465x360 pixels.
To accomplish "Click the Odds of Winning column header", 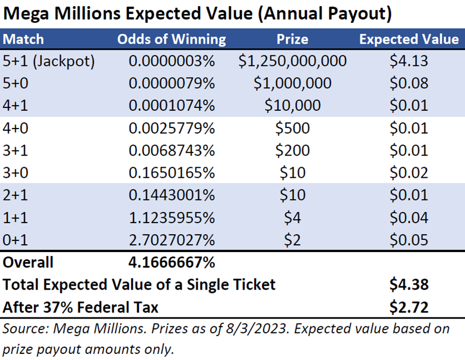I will [172, 39].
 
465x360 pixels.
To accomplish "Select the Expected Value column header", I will [409, 39].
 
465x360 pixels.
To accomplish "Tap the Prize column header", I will [292, 39].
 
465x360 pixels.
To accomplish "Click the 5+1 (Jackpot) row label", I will [49, 61].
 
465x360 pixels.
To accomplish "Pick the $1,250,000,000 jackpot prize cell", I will [292, 61].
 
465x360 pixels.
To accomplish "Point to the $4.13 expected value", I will [409, 61].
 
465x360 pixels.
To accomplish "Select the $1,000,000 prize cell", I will [292, 83].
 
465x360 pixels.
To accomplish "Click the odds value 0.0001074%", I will [172, 105].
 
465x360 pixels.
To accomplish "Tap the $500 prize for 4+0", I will [292, 128].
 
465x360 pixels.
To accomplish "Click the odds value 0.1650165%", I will [172, 172].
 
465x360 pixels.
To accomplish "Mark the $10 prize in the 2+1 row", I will [292, 195].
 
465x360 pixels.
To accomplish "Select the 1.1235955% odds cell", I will [172, 217].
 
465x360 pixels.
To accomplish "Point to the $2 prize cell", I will [292, 239].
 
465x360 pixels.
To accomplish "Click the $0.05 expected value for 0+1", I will [409, 239].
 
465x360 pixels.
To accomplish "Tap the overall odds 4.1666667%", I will [172, 262].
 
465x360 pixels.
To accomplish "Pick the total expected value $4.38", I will [409, 285].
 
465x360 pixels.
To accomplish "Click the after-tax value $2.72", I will [409, 306].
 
